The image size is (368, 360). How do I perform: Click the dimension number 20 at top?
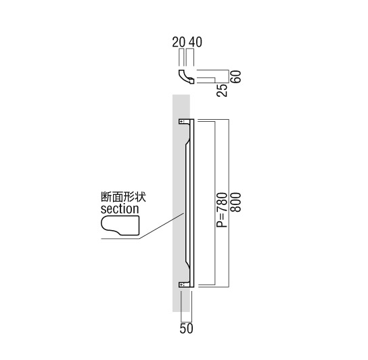(179, 42)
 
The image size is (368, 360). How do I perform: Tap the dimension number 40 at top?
(195, 42)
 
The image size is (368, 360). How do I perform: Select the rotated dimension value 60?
(235, 76)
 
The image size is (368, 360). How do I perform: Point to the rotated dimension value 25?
(222, 90)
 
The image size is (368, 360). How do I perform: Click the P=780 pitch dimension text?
(222, 210)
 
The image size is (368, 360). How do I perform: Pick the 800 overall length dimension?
(235, 202)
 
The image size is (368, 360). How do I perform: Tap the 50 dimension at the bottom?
(186, 328)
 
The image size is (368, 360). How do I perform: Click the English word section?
(120, 208)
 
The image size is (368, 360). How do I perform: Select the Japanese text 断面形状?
(123, 197)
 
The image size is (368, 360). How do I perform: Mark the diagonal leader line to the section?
(162, 226)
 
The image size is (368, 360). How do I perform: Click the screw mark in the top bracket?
(182, 121)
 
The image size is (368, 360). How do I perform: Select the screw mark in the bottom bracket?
(182, 285)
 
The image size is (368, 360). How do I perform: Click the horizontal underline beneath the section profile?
(120, 239)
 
